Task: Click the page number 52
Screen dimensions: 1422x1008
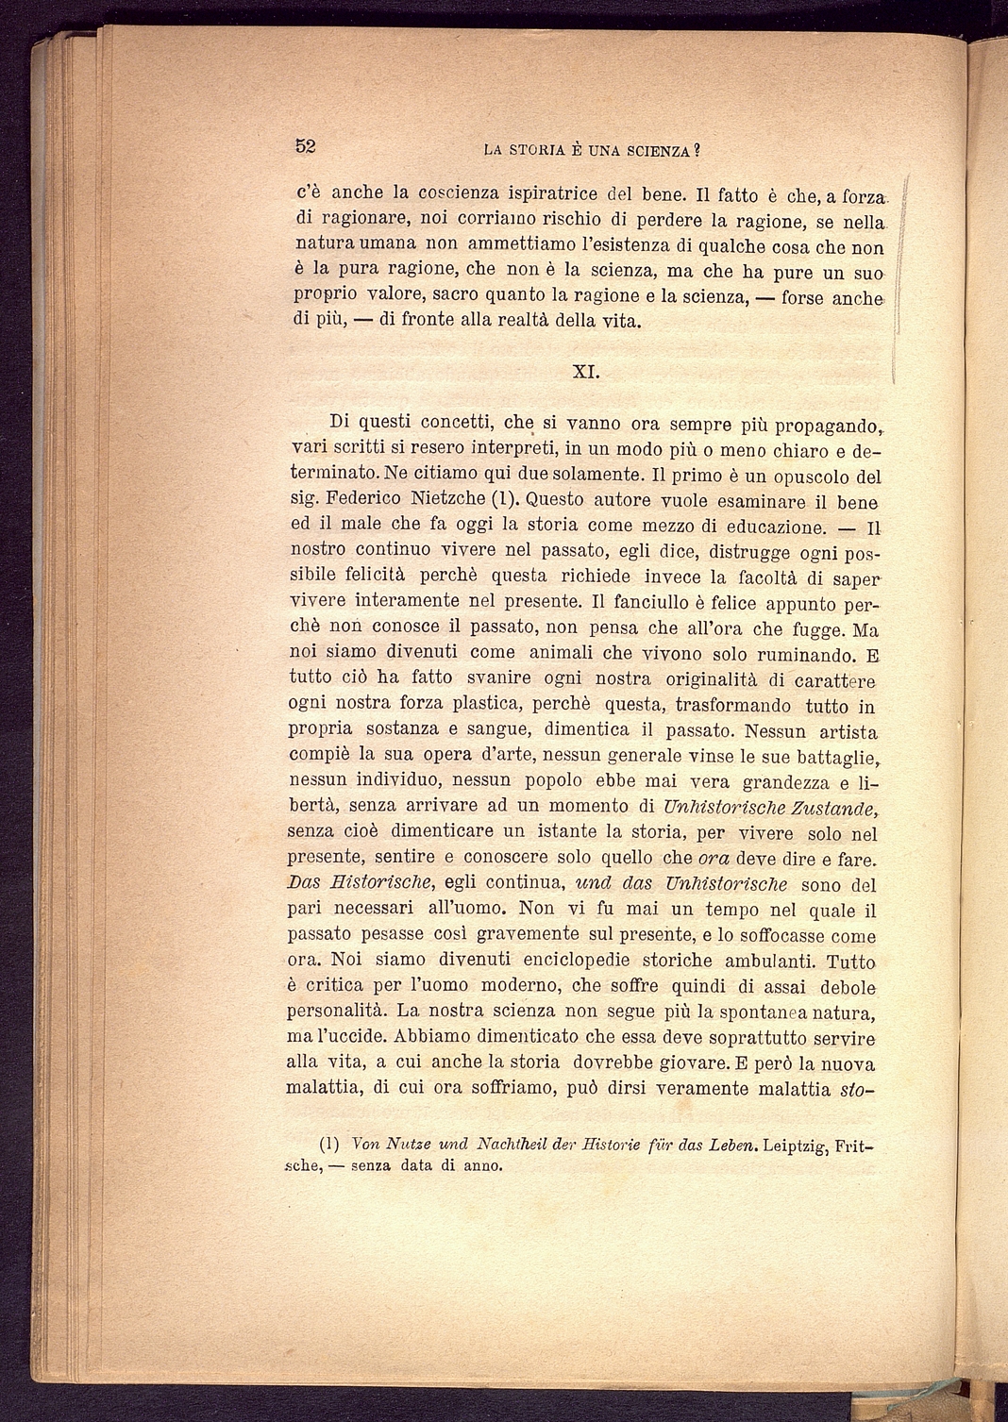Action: tap(305, 145)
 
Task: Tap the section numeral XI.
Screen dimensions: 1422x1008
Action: tap(586, 372)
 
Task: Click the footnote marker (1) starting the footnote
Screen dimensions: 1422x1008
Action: tap(329, 1146)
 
